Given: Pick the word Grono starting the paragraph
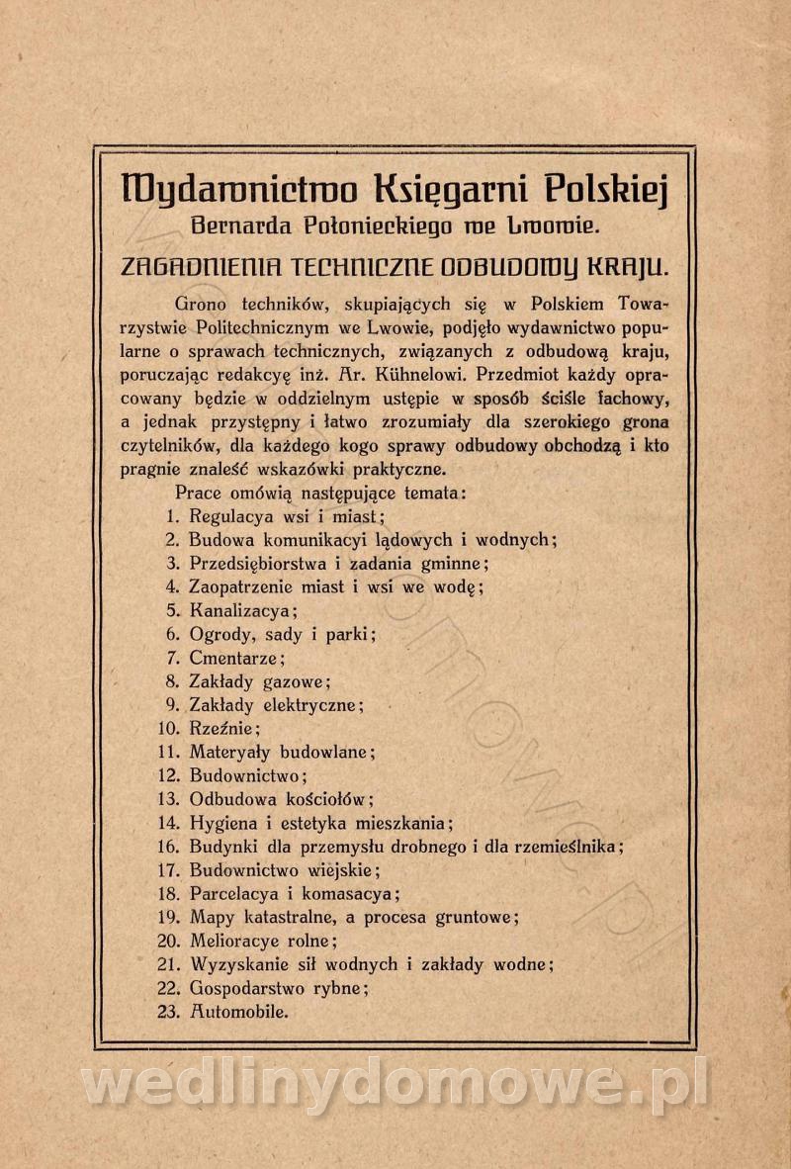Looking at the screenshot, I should (202, 303).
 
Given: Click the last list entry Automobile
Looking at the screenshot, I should (238, 1012).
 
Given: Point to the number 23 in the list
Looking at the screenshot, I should (168, 1012).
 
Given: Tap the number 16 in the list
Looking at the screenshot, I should (168, 847).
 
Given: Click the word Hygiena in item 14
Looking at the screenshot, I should (222, 823).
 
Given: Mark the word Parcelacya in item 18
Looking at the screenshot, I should (233, 893).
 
